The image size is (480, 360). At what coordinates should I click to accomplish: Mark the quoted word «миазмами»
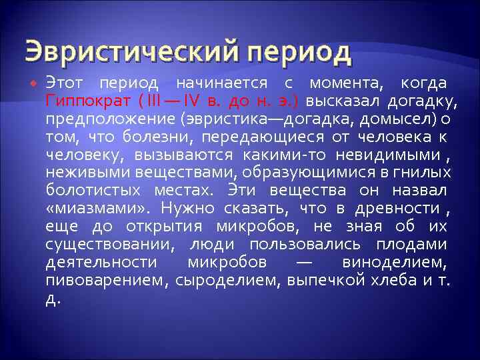[x=89, y=209]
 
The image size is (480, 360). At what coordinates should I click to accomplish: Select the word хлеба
[x=393, y=281]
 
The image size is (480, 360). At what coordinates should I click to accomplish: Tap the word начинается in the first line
[x=221, y=83]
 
